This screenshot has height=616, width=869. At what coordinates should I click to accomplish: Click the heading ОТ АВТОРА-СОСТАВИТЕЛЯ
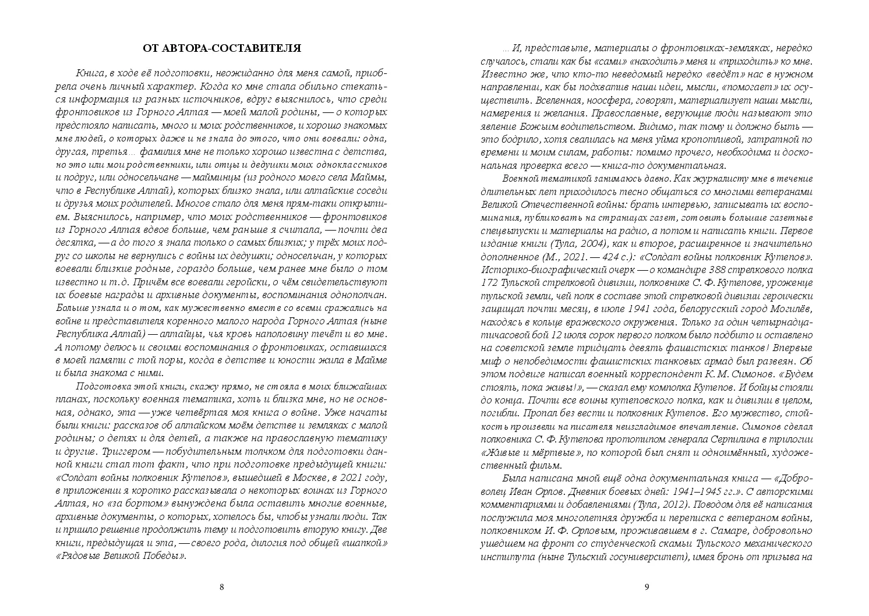coord(221,48)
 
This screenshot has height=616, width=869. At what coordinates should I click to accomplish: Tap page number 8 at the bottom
coord(221,587)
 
